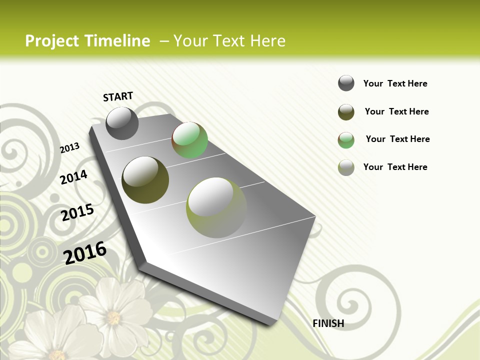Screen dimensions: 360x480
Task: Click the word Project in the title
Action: (x=52, y=41)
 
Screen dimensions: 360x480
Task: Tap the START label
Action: (x=118, y=96)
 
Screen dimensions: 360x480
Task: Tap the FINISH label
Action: (x=328, y=323)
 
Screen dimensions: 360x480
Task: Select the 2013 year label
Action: (x=70, y=147)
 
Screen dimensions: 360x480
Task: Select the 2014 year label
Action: (x=74, y=177)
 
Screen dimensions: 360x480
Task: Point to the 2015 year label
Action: (x=77, y=212)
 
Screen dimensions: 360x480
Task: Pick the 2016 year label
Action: (x=85, y=252)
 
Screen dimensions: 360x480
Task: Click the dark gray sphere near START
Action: (x=122, y=123)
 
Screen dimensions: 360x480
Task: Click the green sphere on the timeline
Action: (x=189, y=140)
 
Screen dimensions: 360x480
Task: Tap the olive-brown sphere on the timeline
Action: (x=145, y=179)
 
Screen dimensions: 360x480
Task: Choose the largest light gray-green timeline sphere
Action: (x=216, y=207)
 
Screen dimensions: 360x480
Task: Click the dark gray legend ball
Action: (x=346, y=83)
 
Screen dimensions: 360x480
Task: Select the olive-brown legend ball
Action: (x=346, y=112)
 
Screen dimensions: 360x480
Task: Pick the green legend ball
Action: (x=346, y=140)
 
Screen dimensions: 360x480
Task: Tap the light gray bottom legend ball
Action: (x=346, y=167)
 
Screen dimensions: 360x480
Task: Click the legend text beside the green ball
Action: (x=397, y=139)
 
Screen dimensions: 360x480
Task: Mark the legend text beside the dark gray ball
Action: (x=395, y=83)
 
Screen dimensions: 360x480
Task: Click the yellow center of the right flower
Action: (x=113, y=317)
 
